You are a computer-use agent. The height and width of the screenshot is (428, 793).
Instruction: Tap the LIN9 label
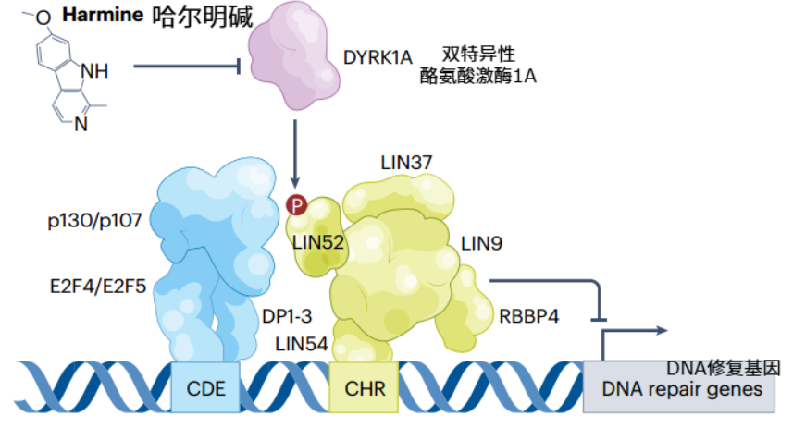(482, 243)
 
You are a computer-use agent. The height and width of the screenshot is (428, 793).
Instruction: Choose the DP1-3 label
(289, 314)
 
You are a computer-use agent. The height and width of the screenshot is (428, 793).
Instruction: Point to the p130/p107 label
(92, 222)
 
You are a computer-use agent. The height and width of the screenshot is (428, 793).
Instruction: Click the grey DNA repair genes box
(683, 387)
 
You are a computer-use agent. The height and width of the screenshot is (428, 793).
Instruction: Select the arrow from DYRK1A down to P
(295, 153)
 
